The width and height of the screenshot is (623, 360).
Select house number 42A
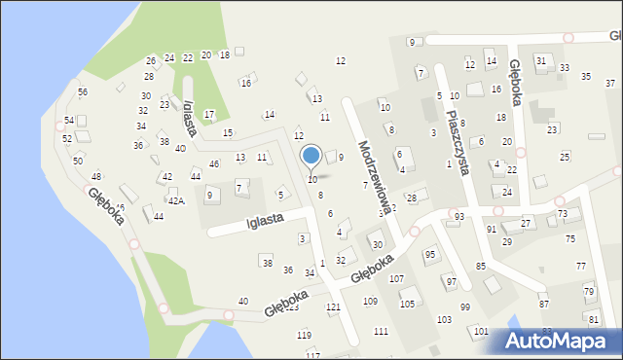click(175, 200)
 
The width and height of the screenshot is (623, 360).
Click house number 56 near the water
click(83, 91)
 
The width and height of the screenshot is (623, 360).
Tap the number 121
click(334, 307)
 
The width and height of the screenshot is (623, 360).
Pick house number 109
click(371, 302)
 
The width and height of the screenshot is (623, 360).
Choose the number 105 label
click(407, 305)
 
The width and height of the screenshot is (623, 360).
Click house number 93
click(458, 216)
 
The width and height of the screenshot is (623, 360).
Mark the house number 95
click(429, 254)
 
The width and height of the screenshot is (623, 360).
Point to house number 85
click(480, 266)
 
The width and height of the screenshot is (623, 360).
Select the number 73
click(562, 213)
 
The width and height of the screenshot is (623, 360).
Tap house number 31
click(541, 61)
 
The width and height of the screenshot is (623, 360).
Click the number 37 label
click(609, 84)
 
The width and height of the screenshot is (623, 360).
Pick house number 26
click(151, 61)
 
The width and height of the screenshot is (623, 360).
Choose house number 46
click(214, 163)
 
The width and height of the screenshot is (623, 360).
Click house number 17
click(209, 115)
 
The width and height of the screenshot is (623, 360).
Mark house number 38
click(267, 263)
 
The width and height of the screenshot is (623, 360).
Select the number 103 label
click(444, 320)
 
